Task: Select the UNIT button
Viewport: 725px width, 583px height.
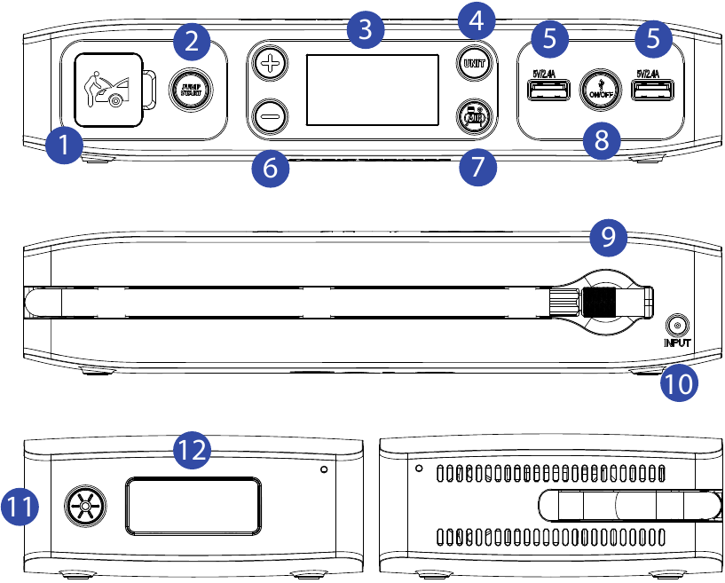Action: [472, 64]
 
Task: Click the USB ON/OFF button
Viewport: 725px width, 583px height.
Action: [594, 90]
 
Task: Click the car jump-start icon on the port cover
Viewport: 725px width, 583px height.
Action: [106, 89]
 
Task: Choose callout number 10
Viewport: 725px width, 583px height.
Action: [679, 383]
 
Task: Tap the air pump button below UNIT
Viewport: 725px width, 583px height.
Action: [472, 116]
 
